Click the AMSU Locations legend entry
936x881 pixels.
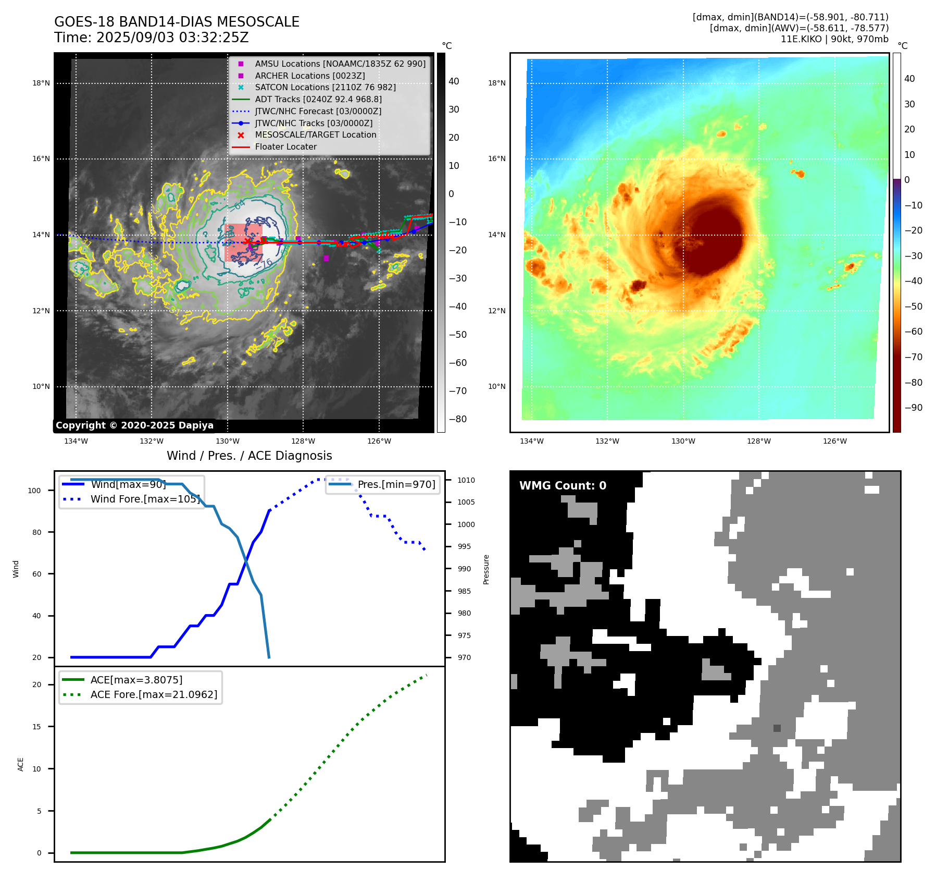pos(340,64)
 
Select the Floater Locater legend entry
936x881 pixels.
pos(285,147)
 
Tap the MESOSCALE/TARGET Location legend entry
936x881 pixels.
pos(315,135)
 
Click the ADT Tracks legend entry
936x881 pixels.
pos(318,99)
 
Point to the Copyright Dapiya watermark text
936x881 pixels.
pos(134,425)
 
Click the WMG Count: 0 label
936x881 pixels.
pos(563,486)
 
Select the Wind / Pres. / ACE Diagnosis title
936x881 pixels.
pos(249,456)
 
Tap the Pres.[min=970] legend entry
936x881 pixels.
pos(396,484)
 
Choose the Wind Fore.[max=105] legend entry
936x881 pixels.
pos(145,499)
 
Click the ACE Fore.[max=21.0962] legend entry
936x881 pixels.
pos(154,694)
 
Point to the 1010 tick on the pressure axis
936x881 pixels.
pos(466,480)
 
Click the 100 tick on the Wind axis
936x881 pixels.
pos(34,491)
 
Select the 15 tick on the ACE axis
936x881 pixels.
pos(36,727)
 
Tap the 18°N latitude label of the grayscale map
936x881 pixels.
pos(41,83)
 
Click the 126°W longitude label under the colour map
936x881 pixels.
pos(834,442)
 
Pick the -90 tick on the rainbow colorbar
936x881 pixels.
pos(913,408)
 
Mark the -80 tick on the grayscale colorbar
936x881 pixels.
pos(457,419)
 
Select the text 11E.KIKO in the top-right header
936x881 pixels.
pos(801,39)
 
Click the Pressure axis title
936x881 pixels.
pos(486,569)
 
